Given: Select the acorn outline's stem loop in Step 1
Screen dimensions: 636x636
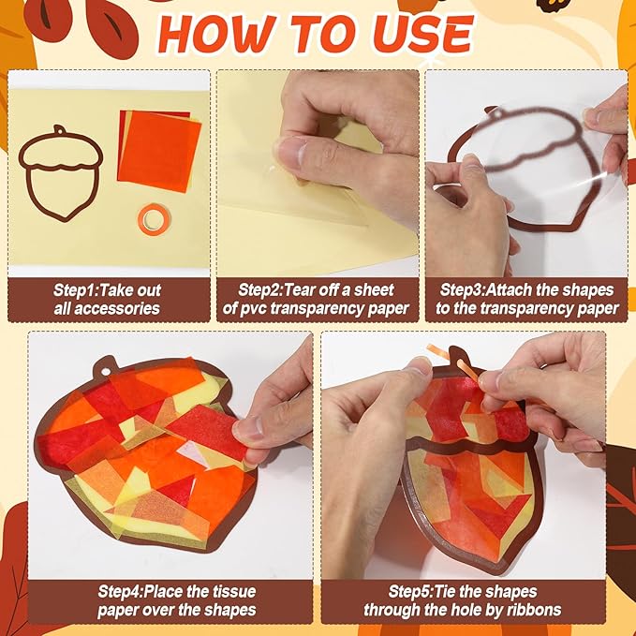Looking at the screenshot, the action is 60,130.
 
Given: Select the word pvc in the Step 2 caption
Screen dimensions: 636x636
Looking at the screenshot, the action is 253,309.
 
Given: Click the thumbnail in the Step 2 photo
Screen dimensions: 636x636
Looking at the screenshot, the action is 291,152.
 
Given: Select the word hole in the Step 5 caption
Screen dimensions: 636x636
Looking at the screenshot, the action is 455,610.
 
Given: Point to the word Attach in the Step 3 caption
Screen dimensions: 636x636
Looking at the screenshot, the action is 509,290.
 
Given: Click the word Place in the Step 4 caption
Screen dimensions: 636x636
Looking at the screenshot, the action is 166,591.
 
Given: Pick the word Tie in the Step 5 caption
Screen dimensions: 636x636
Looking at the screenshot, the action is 446,591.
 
